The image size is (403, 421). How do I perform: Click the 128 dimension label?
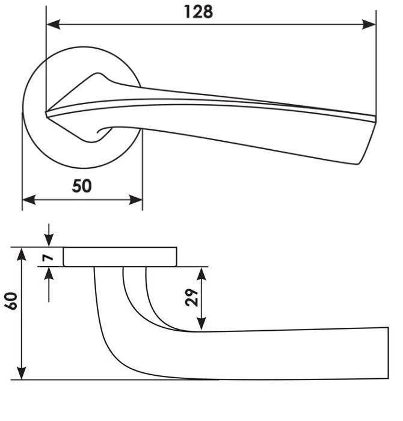pos(198,12)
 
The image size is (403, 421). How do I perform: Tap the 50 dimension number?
pos(82,186)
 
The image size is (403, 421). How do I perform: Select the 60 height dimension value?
pos(11,301)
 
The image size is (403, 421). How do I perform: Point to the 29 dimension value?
pos(191,298)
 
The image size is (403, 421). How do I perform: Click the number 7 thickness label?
pos(48,258)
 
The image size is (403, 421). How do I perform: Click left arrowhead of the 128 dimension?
pos(53,25)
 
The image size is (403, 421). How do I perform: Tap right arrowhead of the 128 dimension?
pos(369,25)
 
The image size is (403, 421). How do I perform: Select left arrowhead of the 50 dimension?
pos(29,200)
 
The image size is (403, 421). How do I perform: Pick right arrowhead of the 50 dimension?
pos(135,200)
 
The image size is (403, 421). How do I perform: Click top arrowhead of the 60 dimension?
pos(22,254)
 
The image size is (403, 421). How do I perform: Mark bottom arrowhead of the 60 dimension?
pos(22,373)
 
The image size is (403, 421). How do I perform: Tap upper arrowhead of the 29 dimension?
pos(202,274)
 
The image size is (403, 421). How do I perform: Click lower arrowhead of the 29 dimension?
pos(202,324)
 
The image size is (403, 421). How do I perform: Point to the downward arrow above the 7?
pos(49,235)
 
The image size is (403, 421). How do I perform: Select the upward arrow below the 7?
pos(49,284)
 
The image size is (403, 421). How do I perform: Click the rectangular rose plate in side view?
pos(120,257)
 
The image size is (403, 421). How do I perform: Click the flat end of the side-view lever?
pos(388,353)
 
